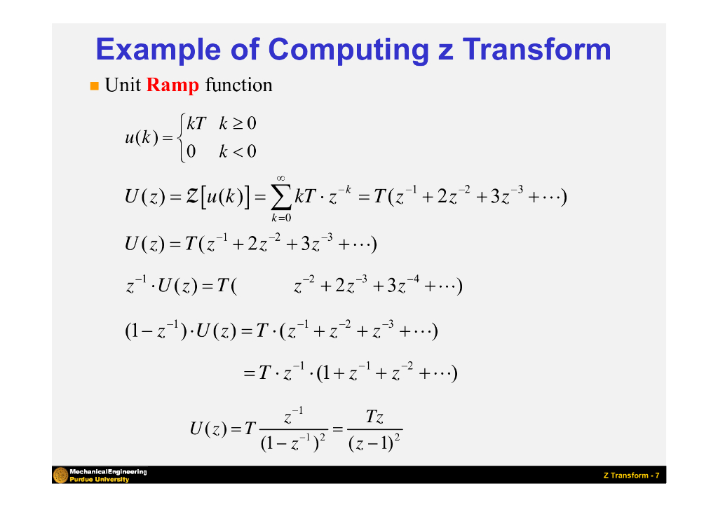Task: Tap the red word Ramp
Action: point(173,85)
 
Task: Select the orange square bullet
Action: point(94,86)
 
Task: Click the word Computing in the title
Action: point(348,50)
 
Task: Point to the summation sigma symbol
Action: point(280,197)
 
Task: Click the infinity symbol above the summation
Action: point(280,177)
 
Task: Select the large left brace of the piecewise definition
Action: point(182,138)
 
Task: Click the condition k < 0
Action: point(238,151)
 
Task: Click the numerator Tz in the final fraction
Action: point(374,418)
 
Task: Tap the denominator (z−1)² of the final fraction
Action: point(374,443)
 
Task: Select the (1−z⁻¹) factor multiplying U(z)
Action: point(154,331)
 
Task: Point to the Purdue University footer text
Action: point(98,480)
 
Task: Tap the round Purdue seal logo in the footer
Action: point(60,475)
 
